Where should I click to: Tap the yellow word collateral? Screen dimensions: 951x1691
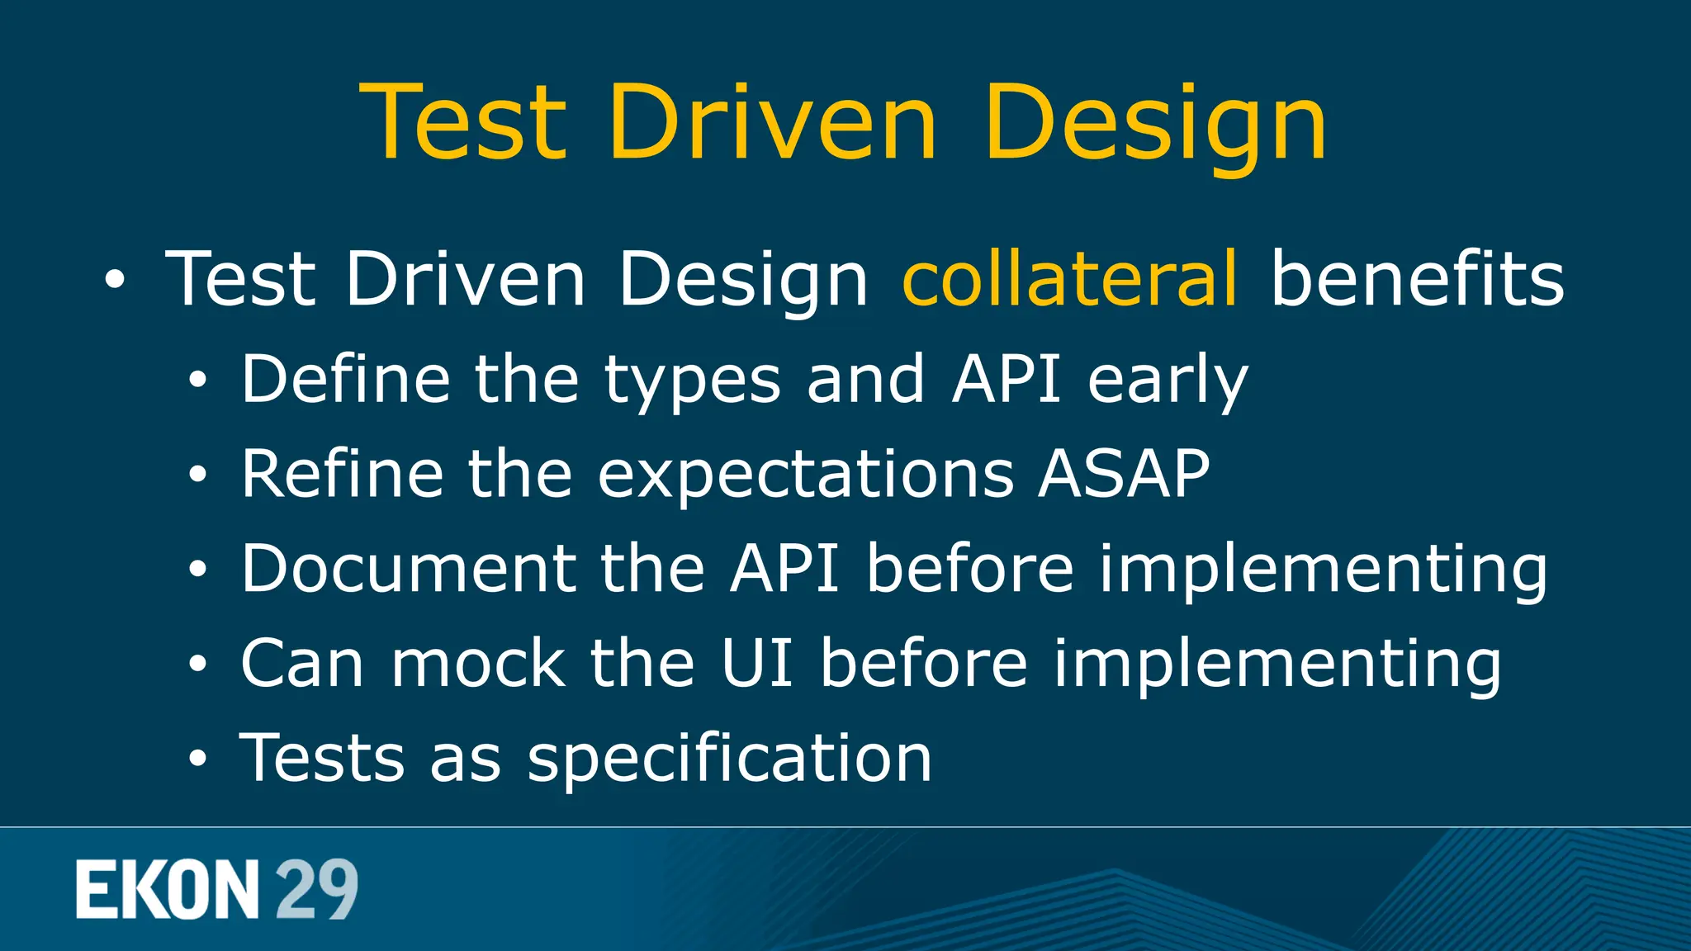click(x=1070, y=278)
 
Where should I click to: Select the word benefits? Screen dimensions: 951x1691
click(x=1417, y=278)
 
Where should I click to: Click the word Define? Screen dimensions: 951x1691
click(x=345, y=379)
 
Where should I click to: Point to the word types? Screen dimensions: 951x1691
click(x=692, y=381)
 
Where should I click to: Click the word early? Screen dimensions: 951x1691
click(x=1168, y=381)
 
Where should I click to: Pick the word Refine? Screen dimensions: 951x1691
click(x=342, y=474)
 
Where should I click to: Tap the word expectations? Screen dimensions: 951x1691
click(x=806, y=475)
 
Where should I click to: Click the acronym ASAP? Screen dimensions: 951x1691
click(x=1125, y=474)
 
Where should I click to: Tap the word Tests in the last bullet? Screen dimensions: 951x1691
click(x=323, y=758)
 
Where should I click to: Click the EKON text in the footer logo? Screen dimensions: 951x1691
click(x=168, y=889)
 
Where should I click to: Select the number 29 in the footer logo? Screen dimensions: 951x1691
click(x=316, y=889)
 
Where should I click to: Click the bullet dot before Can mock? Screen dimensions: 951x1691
click(x=197, y=664)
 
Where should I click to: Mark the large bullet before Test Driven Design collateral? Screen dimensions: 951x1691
click(x=115, y=281)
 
